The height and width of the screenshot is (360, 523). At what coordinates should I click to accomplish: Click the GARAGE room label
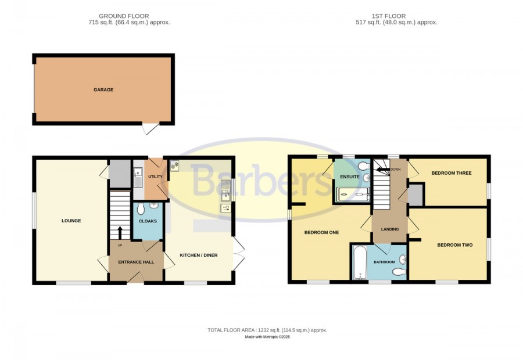pos(103,89)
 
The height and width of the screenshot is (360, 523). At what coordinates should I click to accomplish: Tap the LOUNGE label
pos(71,221)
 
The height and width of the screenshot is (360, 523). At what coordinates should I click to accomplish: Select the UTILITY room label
pos(155,177)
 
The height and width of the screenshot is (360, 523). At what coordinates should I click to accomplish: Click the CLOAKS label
pos(148,221)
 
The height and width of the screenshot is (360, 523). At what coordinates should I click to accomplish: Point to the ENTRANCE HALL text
pos(136,262)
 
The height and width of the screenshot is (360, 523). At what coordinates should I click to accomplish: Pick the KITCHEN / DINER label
pos(199,255)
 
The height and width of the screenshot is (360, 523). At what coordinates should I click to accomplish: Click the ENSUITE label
pos(350,177)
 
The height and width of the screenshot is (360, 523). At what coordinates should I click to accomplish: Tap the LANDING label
pos(390,229)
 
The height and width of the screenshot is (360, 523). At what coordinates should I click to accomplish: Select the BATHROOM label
pos(384,262)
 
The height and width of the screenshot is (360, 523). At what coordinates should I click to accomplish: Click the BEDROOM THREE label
pos(452,173)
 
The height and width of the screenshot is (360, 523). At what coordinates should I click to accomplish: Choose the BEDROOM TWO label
pos(455,245)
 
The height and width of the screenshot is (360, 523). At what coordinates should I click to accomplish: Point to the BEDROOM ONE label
pos(321,232)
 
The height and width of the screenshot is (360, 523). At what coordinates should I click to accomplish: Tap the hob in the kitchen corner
pos(175,165)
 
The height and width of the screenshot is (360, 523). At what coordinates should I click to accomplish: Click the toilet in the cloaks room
pos(141,208)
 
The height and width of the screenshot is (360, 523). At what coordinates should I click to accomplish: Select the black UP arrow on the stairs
pos(119,233)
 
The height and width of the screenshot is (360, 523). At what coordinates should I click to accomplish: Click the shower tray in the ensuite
pos(353,194)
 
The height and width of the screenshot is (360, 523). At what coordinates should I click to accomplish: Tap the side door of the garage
pos(151,128)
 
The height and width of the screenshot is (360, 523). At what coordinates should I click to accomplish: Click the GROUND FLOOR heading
pos(124,16)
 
